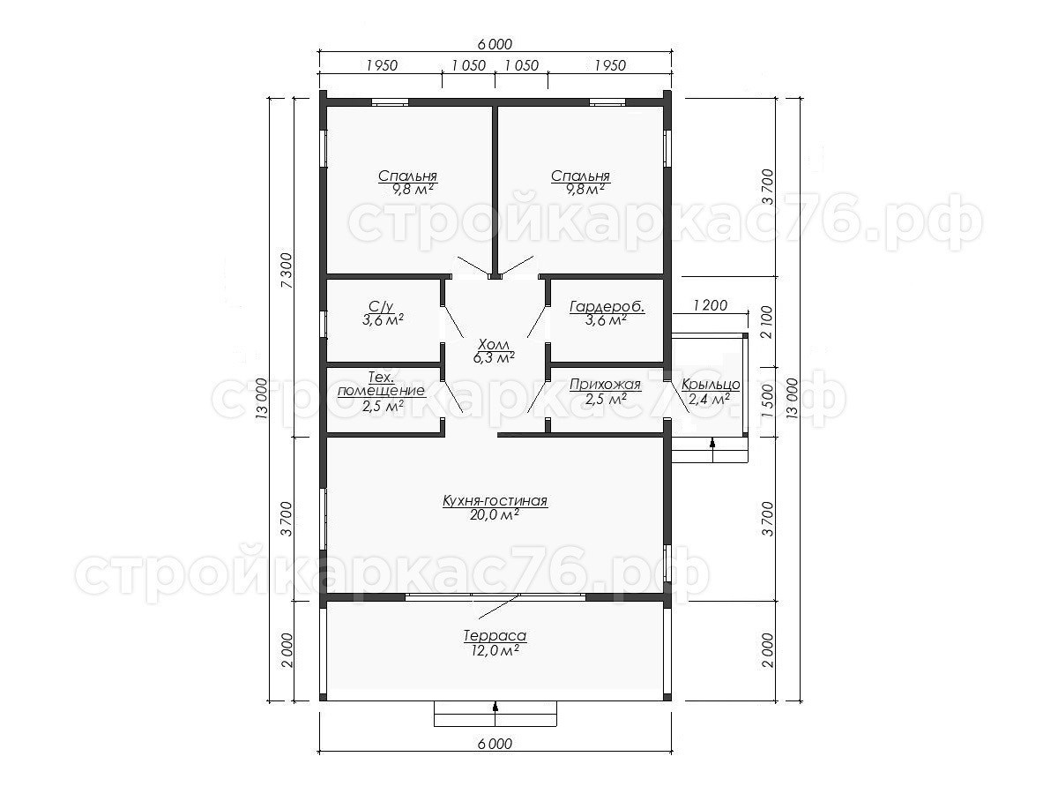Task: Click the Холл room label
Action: pos(494,344)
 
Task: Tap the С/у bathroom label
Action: pos(382,306)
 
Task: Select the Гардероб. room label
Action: pos(607,307)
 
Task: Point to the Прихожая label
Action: pos(606,385)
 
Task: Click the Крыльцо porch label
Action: pos(711,385)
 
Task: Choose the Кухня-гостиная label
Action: pos(495,501)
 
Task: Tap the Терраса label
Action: pos(495,636)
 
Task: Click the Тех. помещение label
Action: pos(381,384)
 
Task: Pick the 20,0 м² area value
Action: pos(495,515)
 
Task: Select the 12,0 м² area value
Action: pos(495,650)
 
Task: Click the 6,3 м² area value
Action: pos(494,357)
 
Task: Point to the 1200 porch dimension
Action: pos(710,305)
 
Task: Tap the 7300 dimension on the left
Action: pos(287,270)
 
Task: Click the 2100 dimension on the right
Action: pos(767,322)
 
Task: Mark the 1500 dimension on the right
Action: pos(767,401)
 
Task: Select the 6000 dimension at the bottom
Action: pos(495,744)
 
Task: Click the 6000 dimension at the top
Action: pos(495,44)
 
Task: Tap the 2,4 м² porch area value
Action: pos(709,399)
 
